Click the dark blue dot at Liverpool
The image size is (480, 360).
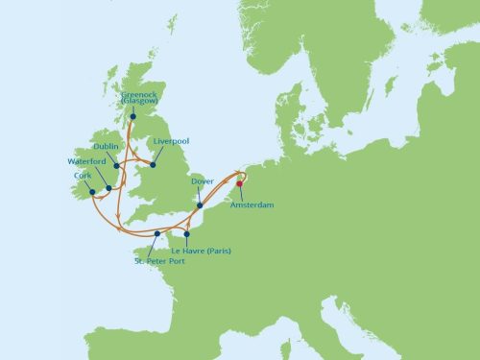point(153,165)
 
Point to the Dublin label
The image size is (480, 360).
point(107,146)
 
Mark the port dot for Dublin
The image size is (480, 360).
point(116,165)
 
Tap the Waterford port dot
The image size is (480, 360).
point(108,187)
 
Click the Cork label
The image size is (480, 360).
point(82,176)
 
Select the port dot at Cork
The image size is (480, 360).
point(93,191)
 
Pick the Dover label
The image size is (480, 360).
point(203,180)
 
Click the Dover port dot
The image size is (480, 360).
point(199,204)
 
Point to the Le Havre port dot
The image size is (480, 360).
point(188,233)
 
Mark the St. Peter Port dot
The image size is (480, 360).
point(156,233)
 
